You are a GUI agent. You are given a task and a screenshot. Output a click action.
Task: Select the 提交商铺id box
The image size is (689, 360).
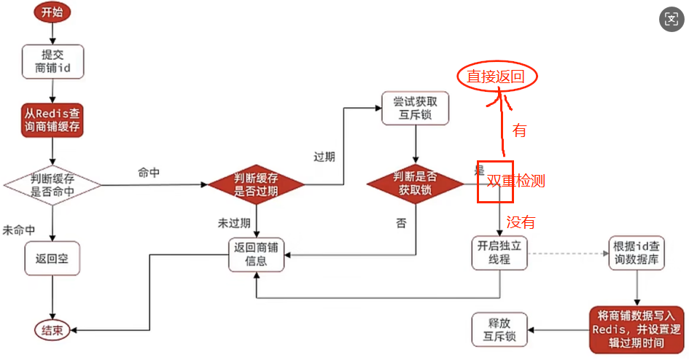pos(52,62)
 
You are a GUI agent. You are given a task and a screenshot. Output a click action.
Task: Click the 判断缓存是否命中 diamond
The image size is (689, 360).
pos(52,185)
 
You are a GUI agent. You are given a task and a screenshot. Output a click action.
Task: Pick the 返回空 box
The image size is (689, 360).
pos(52,258)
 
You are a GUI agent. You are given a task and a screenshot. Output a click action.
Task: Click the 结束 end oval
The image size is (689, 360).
pos(52,330)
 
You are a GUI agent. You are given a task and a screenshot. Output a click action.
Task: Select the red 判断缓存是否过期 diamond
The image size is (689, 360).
pos(255,185)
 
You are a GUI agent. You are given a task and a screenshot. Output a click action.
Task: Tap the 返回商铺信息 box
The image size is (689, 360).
pos(255,254)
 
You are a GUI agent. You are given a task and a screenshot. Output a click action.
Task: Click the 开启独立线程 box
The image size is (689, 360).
pos(499,253)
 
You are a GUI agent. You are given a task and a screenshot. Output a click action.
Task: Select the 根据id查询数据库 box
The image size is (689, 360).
pos(637,253)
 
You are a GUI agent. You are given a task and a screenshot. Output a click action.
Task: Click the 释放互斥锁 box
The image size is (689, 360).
pos(499,329)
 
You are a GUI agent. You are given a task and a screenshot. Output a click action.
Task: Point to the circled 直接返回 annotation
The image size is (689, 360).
pos(496,77)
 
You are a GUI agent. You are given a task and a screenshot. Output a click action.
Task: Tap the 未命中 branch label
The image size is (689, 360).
pos(19,230)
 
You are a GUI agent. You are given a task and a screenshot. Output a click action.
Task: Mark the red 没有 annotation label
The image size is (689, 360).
pos(521,222)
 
